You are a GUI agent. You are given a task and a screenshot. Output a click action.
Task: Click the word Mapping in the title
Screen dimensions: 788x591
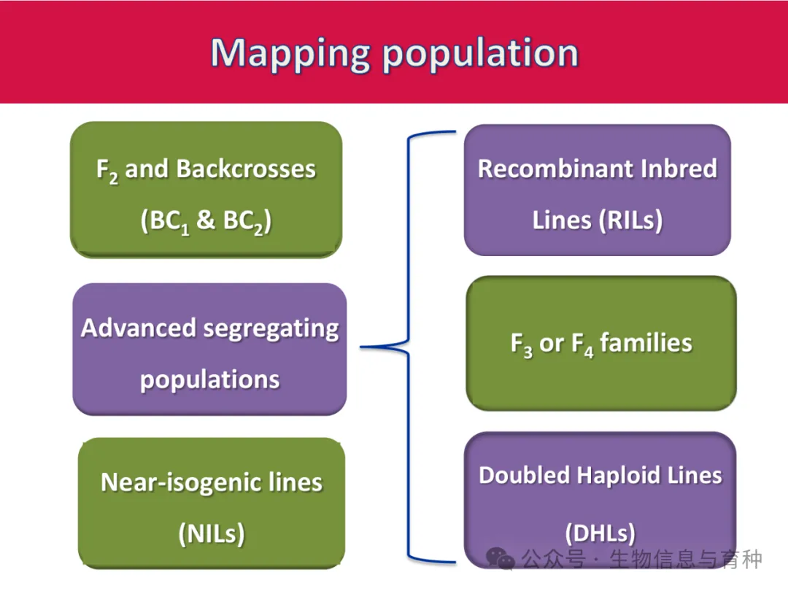pos(290,55)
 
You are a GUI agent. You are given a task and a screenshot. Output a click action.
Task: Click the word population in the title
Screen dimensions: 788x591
pos(480,55)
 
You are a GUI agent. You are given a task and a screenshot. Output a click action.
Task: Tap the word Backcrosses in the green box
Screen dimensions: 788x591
pos(246,169)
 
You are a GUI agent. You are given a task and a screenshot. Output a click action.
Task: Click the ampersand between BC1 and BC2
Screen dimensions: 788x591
pos(206,220)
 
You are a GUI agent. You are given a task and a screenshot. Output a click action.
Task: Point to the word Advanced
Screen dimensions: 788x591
pos(138,328)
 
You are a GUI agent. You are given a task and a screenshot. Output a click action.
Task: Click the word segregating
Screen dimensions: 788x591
pos(271,330)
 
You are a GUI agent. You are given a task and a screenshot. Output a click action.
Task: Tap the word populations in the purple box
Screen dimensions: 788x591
pos(209,380)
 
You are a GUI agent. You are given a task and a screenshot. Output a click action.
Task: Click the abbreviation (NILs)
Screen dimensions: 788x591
pos(212,533)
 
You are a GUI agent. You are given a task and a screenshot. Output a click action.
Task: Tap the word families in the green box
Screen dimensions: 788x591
pos(646,343)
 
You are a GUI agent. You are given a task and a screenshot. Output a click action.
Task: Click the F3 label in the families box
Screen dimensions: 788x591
pos(522,344)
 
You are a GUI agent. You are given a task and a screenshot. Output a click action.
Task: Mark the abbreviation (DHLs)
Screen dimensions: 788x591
pos(600,533)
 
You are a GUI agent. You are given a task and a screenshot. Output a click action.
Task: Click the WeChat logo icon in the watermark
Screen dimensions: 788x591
pos(500,559)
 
